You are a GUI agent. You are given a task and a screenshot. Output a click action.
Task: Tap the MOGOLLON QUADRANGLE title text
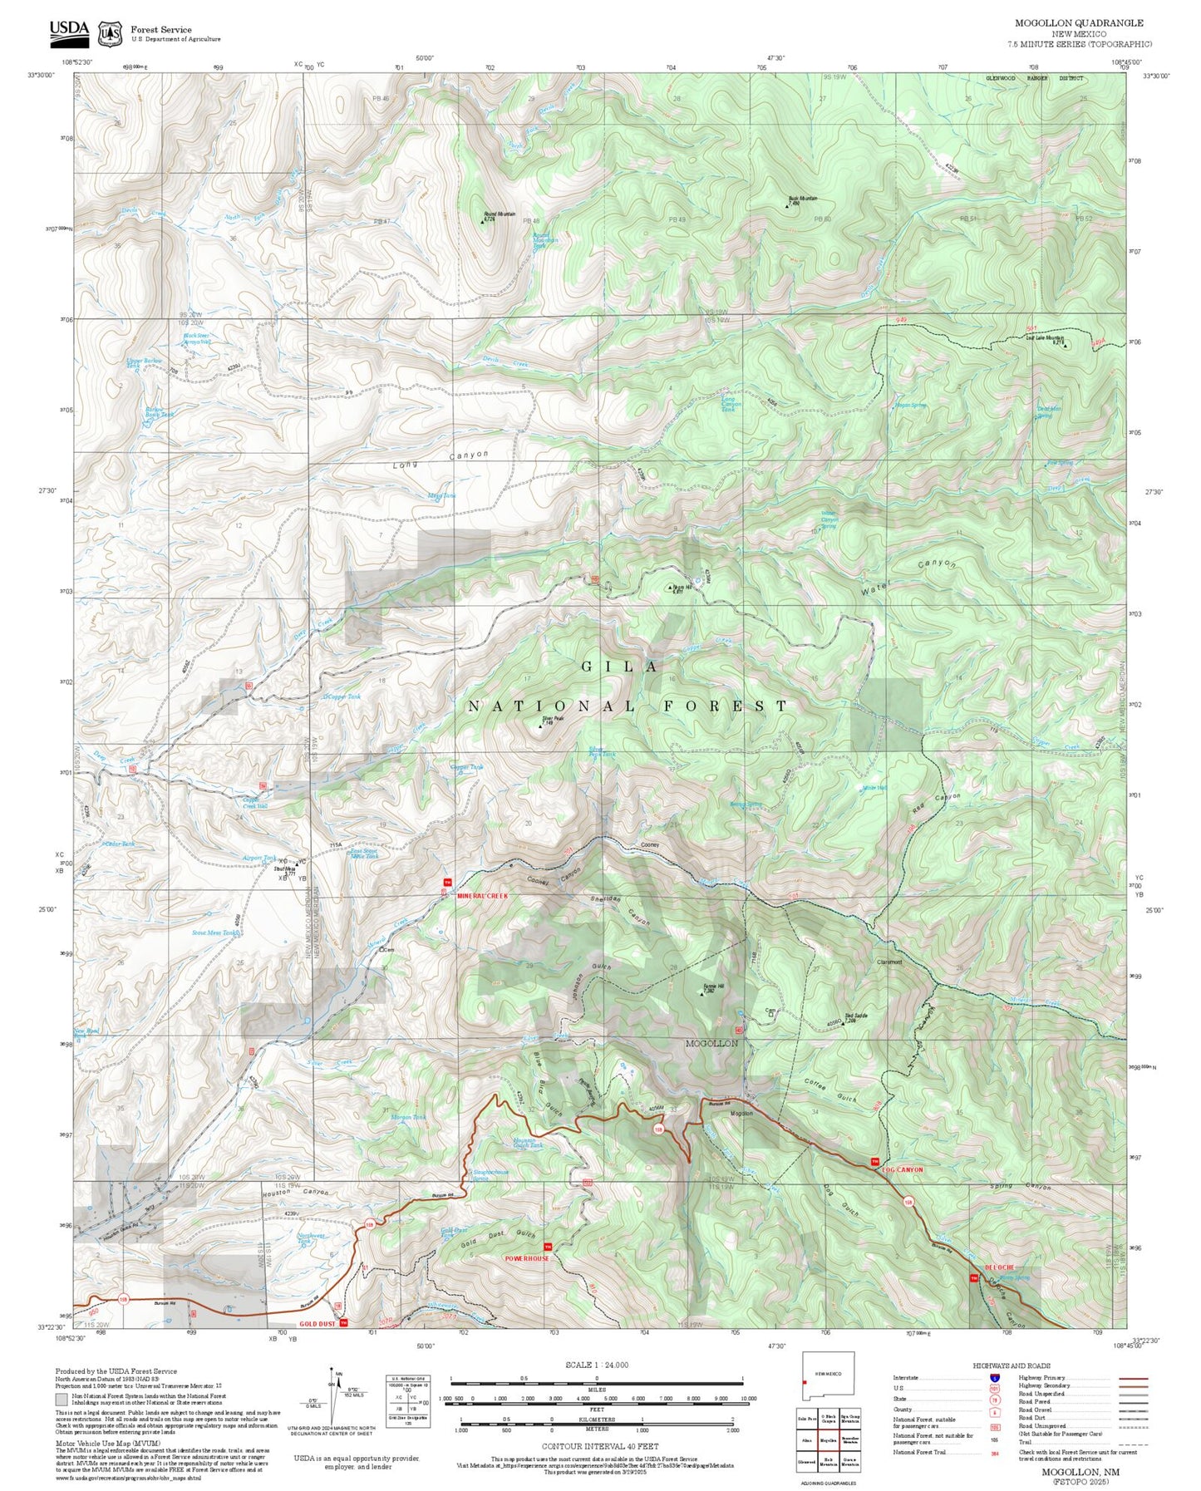coord(1079,23)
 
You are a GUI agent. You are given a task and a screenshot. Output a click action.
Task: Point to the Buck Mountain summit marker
coord(787,204)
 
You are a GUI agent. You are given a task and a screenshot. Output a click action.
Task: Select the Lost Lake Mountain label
coord(1045,338)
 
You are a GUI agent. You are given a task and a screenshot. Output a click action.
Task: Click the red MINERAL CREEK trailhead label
coord(482,896)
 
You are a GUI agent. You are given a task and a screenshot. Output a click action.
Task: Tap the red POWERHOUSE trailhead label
coord(527,1258)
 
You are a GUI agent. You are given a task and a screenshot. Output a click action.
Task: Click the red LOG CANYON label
coord(902,1169)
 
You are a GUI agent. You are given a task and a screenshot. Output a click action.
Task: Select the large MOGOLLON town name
coord(711,1042)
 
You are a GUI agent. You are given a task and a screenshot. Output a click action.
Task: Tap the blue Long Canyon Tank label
coord(729,404)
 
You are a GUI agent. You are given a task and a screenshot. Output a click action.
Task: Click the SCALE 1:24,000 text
coord(597,1365)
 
